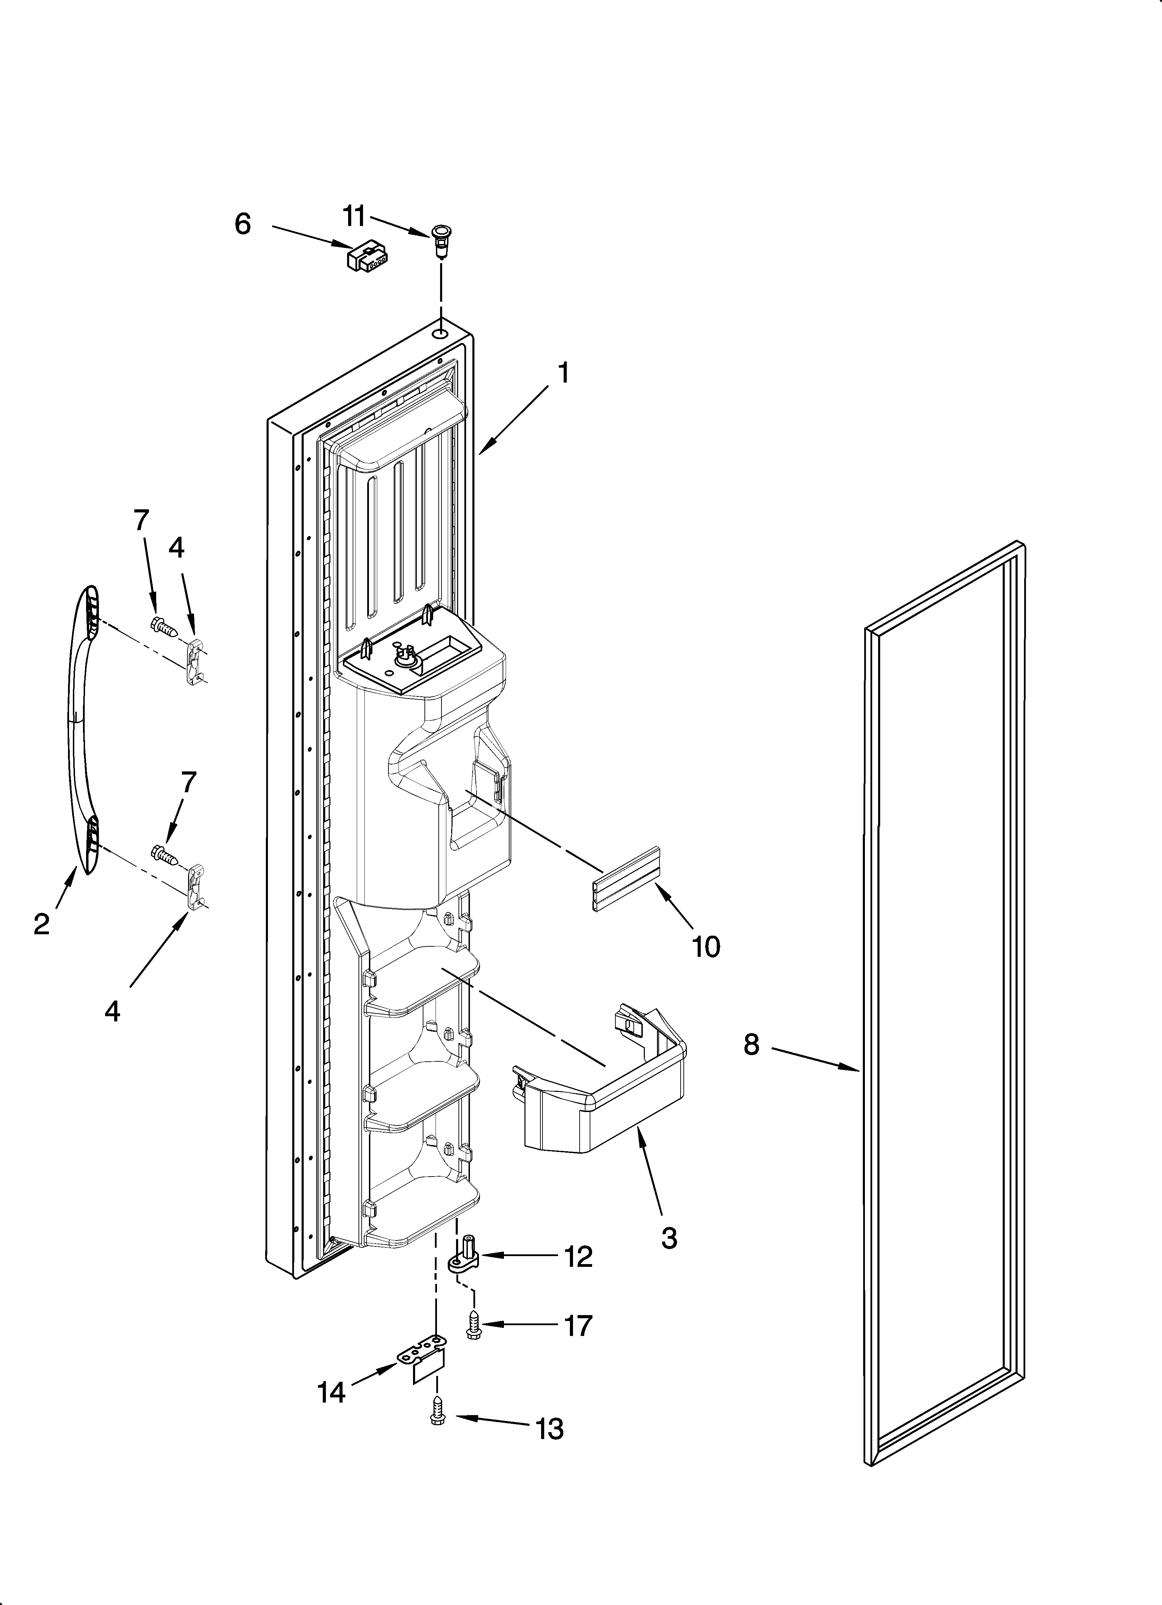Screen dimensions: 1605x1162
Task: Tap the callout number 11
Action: click(x=354, y=216)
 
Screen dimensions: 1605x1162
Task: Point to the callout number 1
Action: click(x=563, y=373)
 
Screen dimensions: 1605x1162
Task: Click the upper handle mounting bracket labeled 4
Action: click(x=195, y=661)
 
